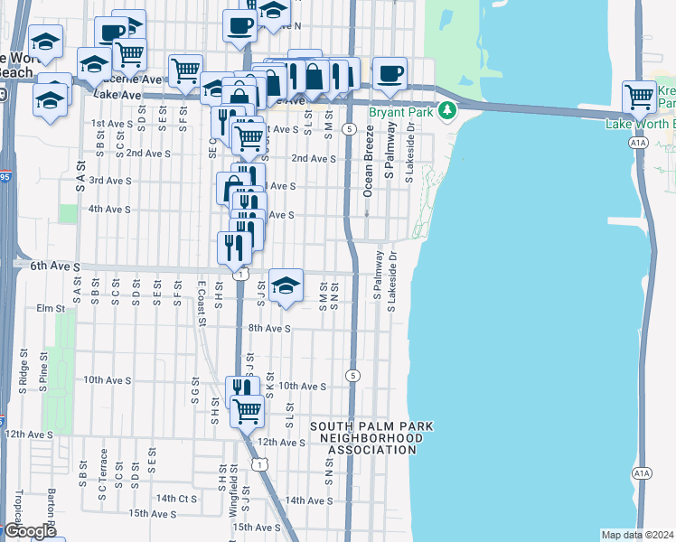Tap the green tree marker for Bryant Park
click(446, 111)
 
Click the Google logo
click(30, 531)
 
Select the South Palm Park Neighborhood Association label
click(374, 437)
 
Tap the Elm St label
click(51, 308)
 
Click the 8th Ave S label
click(269, 329)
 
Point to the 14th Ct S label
click(175, 498)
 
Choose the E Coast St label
click(201, 298)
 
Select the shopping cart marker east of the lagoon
click(639, 95)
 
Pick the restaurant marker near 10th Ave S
click(239, 389)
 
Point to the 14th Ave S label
click(309, 500)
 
